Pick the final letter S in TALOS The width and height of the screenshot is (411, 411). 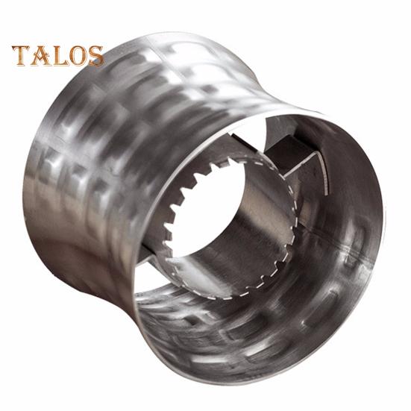[x=95, y=57]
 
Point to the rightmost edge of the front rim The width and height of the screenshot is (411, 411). [x=383, y=224]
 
